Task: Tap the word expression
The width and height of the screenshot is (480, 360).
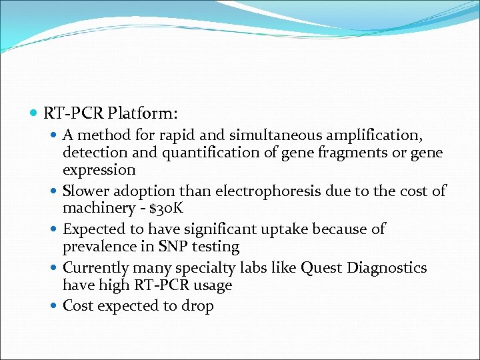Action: pyautogui.click(x=99, y=170)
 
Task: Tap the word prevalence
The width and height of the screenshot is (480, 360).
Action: pyautogui.click(x=99, y=247)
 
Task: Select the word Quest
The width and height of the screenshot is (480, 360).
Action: pyautogui.click(x=322, y=268)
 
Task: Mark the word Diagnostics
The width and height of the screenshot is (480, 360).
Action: pyautogui.click(x=389, y=268)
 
